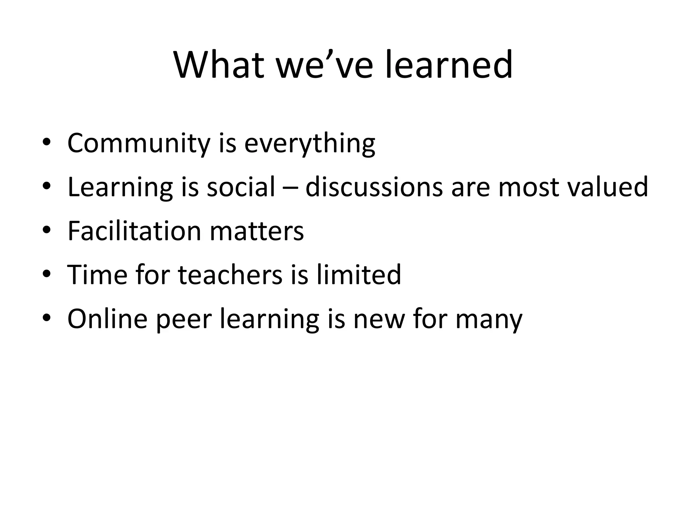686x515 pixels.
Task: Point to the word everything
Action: (310, 144)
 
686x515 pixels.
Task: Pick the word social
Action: (241, 187)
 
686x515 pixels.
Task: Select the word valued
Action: (608, 187)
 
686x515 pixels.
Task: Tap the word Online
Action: (108, 319)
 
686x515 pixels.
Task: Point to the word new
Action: (379, 319)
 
